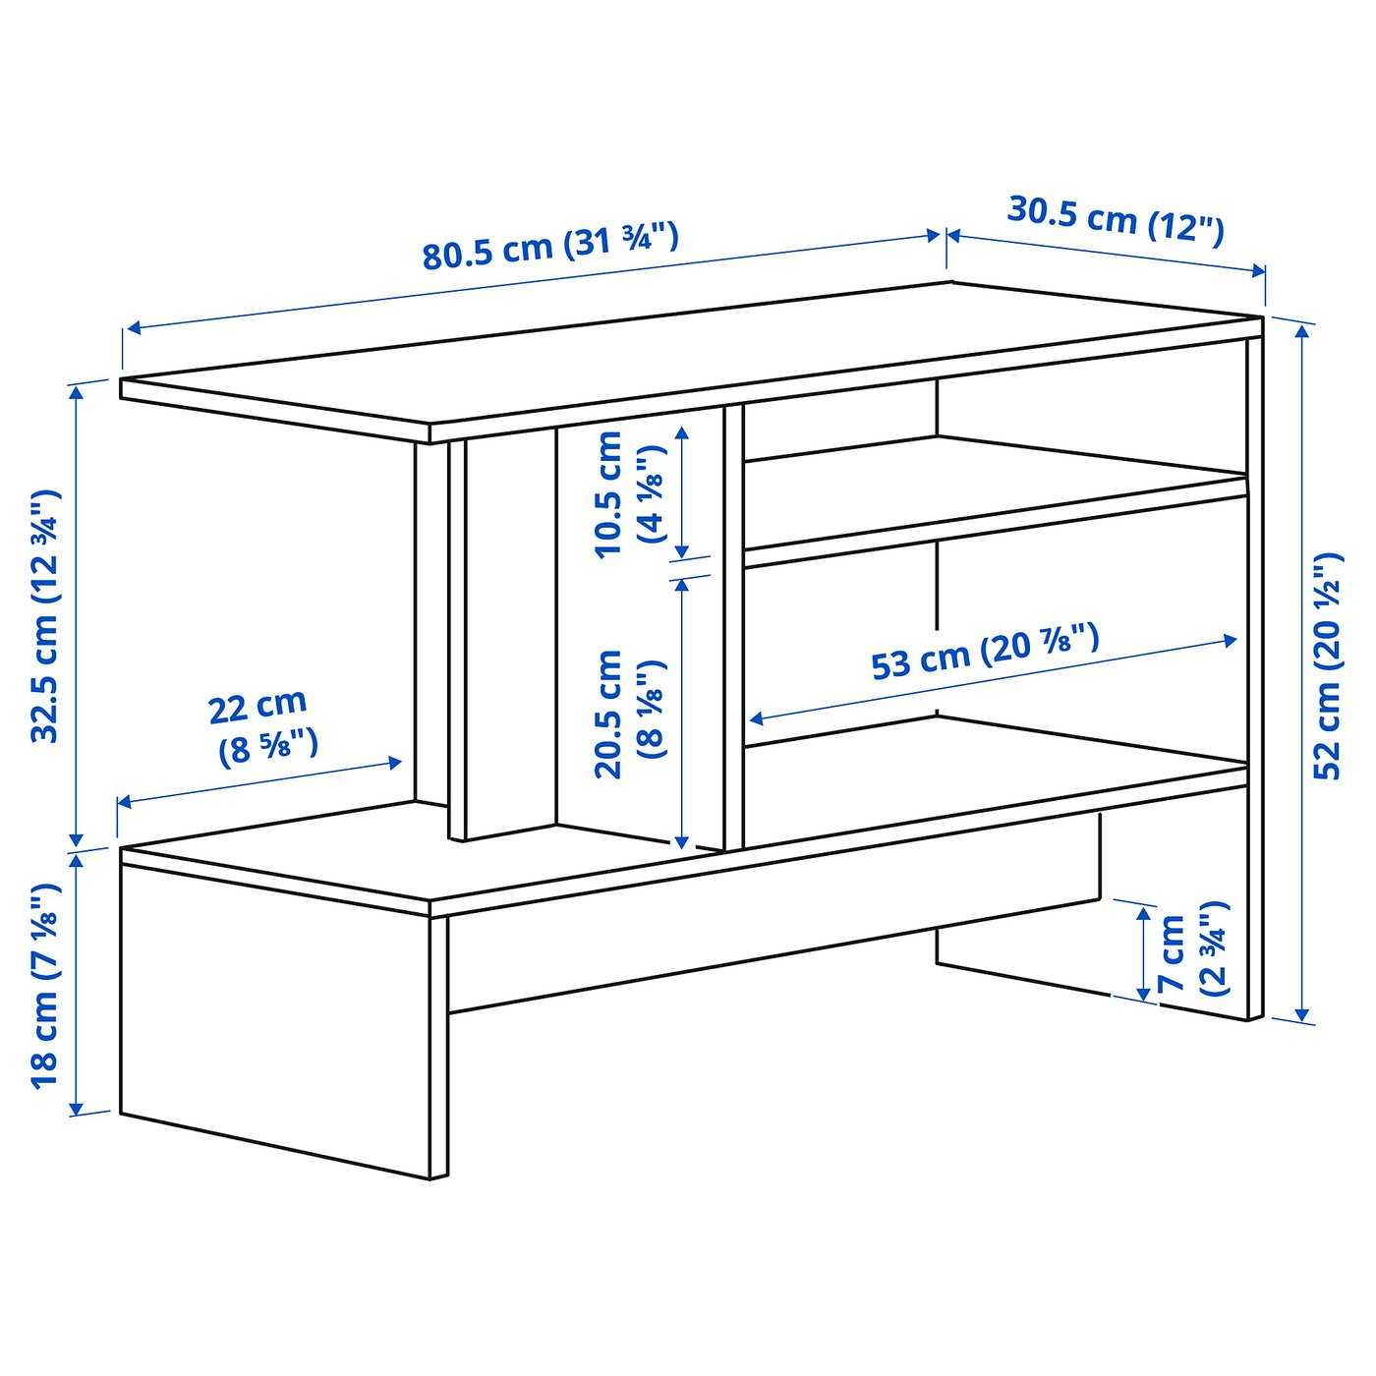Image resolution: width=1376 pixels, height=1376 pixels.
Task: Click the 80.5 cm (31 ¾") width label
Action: [550, 245]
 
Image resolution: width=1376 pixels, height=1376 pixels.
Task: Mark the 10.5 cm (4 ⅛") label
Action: [630, 494]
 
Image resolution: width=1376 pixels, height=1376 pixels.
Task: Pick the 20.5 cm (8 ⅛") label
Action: [630, 713]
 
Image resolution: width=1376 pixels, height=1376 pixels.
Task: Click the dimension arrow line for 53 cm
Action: [993, 680]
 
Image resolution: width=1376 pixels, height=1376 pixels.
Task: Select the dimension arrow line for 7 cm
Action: [1143, 953]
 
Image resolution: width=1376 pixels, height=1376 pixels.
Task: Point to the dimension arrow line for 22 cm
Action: [260, 783]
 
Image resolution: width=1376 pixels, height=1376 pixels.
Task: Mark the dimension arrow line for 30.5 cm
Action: [1106, 253]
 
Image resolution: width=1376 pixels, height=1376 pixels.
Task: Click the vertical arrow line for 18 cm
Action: [77, 983]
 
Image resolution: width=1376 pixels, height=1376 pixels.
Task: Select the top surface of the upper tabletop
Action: [688, 354]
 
